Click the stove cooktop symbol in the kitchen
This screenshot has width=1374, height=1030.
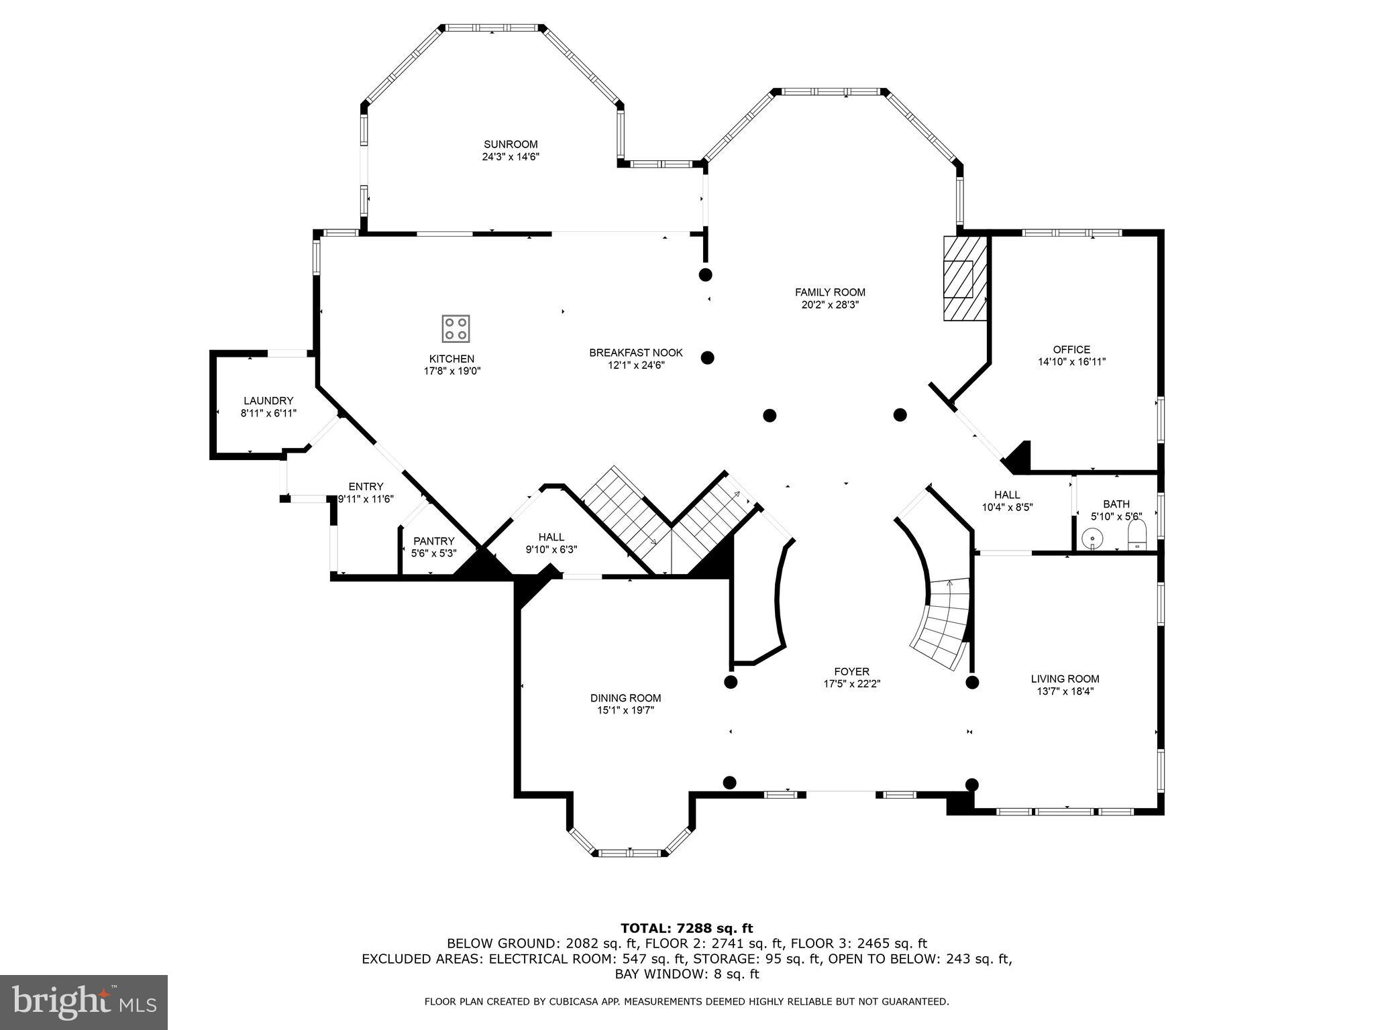point(456,329)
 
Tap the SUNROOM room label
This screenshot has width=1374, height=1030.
point(511,144)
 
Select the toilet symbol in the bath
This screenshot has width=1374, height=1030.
point(1137,536)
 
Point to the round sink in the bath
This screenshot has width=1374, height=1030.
point(1092,538)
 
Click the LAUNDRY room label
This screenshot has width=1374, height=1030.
point(268,401)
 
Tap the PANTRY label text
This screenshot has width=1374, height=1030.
point(433,541)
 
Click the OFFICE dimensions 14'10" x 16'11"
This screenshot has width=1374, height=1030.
point(1071,362)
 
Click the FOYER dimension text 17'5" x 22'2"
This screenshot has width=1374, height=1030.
point(851,684)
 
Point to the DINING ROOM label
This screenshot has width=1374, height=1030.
point(625,698)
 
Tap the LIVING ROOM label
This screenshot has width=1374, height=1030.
point(1065,679)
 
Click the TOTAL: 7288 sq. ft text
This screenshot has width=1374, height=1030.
point(686,928)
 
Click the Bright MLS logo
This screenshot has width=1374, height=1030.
point(84,1002)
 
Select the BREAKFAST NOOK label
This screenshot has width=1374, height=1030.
point(635,353)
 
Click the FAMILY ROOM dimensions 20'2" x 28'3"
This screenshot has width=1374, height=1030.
point(830,304)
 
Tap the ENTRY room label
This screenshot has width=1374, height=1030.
point(366,487)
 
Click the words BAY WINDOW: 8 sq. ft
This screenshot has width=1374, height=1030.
point(686,974)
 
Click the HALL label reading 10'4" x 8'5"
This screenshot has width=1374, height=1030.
point(1006,508)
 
